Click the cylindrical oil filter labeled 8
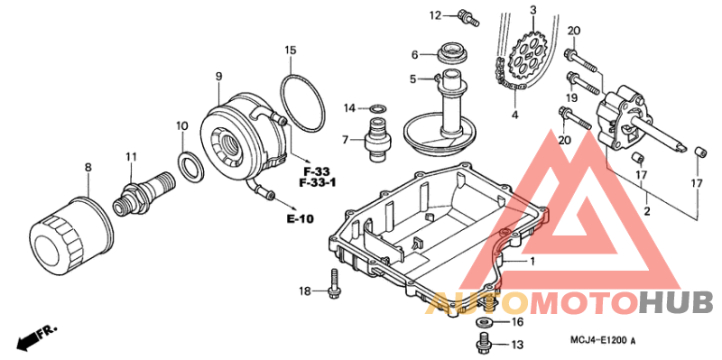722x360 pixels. (71, 236)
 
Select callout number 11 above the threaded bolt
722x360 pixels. (131, 157)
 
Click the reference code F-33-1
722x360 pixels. (318, 183)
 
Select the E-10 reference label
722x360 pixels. (301, 218)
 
